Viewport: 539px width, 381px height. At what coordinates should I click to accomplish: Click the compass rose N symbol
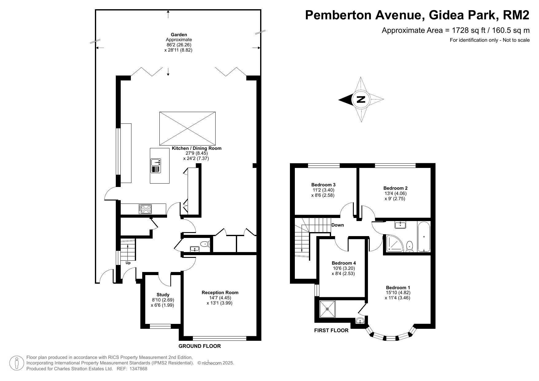click(361, 99)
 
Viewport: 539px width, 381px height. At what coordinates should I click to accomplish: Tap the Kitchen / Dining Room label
click(197, 148)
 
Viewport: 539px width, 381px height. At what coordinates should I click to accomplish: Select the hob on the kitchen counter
click(146, 209)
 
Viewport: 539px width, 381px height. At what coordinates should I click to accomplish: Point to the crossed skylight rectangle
click(187, 128)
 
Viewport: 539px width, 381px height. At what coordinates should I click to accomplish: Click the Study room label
click(163, 295)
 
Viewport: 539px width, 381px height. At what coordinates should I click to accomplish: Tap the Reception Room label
click(220, 293)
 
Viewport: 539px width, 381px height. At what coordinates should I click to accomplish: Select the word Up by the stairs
click(128, 263)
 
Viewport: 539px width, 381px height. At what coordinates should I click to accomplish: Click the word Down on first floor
click(338, 225)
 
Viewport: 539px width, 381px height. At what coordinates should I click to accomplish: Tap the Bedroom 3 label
click(323, 185)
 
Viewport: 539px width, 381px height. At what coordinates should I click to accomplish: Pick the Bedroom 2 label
click(395, 188)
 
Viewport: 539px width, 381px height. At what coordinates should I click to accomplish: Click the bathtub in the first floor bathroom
click(424, 237)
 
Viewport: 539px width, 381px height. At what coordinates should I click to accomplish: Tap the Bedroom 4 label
click(344, 263)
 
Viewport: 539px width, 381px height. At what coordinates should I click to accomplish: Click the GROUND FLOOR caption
click(200, 346)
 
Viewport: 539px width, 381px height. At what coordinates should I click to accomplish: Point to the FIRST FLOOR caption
click(331, 331)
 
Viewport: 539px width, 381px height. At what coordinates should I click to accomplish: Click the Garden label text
click(179, 35)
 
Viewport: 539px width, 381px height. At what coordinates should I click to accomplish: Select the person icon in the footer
click(17, 363)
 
